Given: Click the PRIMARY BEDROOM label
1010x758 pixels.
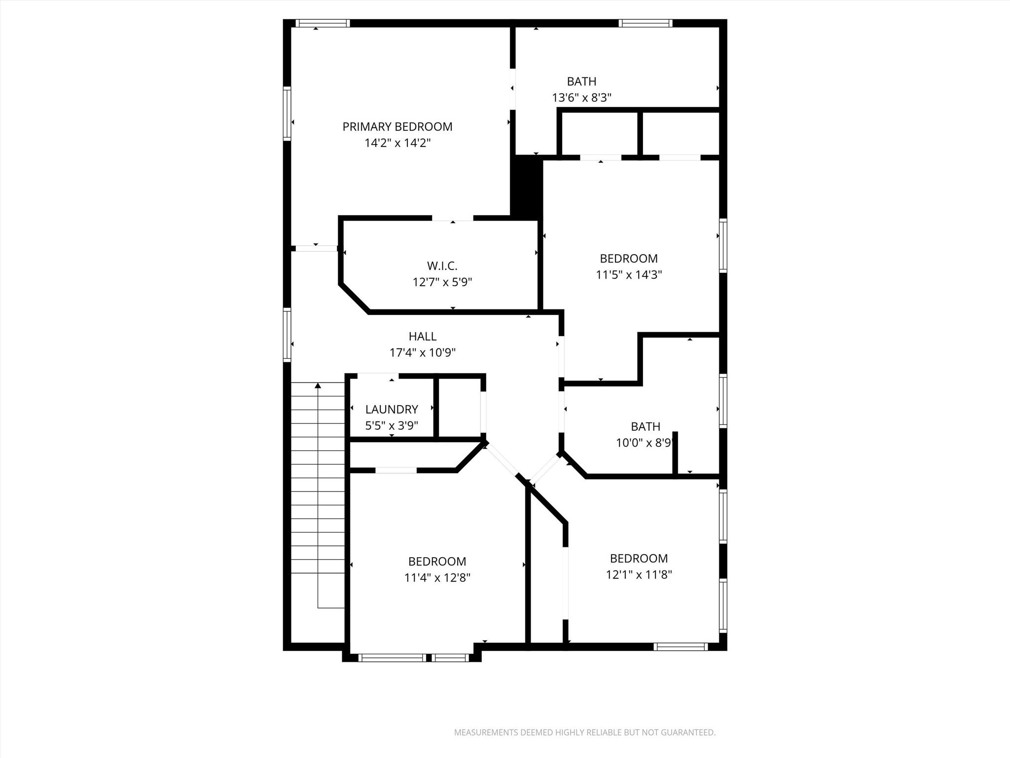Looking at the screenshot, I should pos(397,127).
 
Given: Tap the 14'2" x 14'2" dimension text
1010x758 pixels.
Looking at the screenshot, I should pos(397,143).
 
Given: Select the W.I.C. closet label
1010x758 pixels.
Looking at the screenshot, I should pos(442,266).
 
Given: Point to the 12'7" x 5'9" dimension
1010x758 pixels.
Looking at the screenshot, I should pos(442,282).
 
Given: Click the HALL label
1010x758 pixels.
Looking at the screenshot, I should pos(422,337).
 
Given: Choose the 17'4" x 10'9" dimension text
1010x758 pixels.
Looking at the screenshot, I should pos(422,353).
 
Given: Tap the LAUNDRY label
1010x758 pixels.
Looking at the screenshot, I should pos(392,410).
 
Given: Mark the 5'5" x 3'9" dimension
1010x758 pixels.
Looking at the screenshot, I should pos(392,425).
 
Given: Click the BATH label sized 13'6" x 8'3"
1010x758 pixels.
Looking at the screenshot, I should pos(581,81).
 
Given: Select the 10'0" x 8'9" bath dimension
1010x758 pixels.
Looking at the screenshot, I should pos(644,443).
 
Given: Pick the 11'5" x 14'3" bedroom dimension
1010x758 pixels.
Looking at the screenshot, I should pos(628,275).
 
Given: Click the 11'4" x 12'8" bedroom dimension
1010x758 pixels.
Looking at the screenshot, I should pos(437,578).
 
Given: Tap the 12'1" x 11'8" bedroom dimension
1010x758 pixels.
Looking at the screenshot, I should pos(639,575).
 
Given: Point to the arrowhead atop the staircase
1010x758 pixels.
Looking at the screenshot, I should pos(318,385).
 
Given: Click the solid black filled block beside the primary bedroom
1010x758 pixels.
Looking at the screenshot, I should pos(526,187).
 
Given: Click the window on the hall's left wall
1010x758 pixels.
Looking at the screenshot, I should pos(287,334).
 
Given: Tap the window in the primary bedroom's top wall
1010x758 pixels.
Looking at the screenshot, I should pos(323,23).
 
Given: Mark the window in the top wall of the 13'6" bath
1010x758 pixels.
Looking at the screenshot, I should pos(646,23).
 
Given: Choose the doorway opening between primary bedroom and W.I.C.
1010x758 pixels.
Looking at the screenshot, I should pos(452,218).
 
